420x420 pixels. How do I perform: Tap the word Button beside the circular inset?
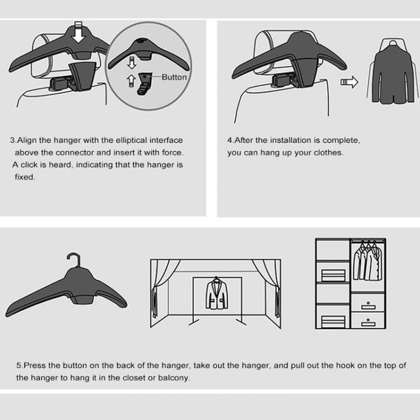pyautogui.click(x=174, y=77)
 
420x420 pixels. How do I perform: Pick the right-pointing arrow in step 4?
pyautogui.click(x=349, y=82)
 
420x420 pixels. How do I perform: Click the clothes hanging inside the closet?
pyautogui.click(x=367, y=262)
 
